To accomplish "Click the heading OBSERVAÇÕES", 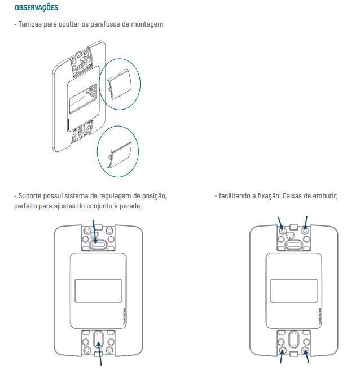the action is tap(36, 8).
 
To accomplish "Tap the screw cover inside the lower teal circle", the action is tap(120, 155).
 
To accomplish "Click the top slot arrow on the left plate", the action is tap(94, 232).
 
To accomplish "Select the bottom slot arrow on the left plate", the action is tap(99, 354).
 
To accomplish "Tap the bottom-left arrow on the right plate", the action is tap(282, 356).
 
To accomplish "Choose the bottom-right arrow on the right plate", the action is tap(307, 356).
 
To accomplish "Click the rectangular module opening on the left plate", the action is tap(98, 290).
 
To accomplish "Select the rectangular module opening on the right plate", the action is tap(294, 290).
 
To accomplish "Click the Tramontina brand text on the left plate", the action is tap(126, 316).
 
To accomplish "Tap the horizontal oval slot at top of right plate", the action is tap(294, 245).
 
